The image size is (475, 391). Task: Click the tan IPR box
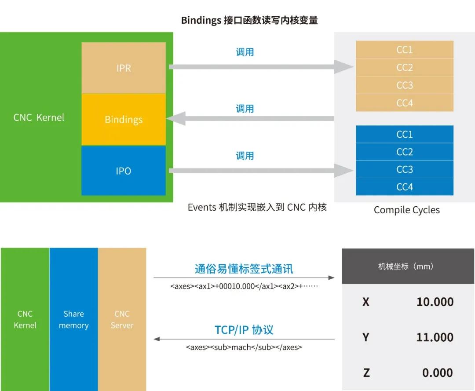coord(124,68)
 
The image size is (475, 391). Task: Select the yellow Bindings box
coord(124,119)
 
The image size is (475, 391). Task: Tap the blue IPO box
coord(124,171)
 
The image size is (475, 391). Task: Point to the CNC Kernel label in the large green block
coord(39,117)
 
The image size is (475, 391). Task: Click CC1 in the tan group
coord(405,50)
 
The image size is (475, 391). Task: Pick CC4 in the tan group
coord(405,103)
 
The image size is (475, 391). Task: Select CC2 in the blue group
coord(405,152)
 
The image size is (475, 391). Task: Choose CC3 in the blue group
coord(405,169)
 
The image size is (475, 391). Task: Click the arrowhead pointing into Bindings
coord(176,118)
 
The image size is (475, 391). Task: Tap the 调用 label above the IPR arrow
coord(245,52)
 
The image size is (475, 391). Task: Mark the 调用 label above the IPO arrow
coord(245,156)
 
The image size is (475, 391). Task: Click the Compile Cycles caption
coord(406,210)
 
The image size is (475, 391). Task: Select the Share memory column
coord(73,319)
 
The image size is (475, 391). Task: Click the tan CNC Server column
coord(122,319)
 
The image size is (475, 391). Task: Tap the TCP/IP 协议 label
coord(244,330)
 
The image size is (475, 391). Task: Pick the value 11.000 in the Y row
coord(435,337)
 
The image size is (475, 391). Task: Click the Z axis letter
coord(366,373)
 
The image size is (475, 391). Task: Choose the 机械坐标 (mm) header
coord(406,266)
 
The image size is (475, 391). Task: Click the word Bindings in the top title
coord(201,20)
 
